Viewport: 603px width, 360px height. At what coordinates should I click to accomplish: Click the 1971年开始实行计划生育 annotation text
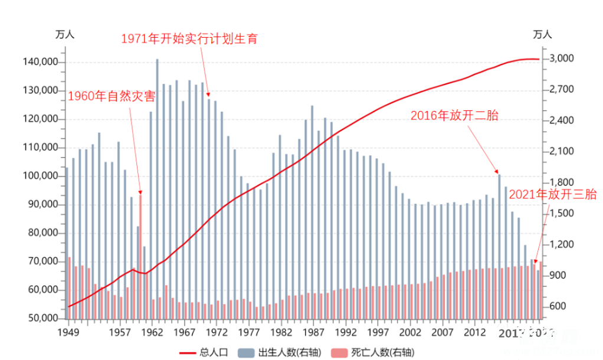[x=189, y=39]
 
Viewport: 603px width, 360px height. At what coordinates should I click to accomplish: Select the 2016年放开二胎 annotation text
[x=454, y=116]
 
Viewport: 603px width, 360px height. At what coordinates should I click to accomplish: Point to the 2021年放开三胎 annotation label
[x=552, y=194]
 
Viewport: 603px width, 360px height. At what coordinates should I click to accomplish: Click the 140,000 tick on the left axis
[x=40, y=62]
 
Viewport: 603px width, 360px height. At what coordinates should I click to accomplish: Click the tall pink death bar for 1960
[x=140, y=254]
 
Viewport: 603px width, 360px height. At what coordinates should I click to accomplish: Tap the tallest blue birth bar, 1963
[x=157, y=189]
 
